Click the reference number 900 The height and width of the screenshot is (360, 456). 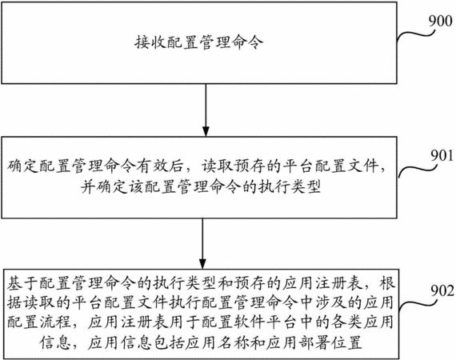[x=441, y=22]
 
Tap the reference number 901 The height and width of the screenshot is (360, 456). [x=442, y=155]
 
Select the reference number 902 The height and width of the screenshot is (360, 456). [x=442, y=290]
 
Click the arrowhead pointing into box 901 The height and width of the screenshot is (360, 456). [x=206, y=131]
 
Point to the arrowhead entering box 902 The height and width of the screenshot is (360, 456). [x=202, y=264]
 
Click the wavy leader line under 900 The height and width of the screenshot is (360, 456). [x=416, y=35]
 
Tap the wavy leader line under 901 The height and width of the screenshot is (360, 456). [x=418, y=170]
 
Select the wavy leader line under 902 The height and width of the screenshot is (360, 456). [x=418, y=305]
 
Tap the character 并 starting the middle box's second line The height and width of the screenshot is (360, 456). [x=88, y=187]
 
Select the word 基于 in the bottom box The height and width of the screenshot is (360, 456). [x=22, y=283]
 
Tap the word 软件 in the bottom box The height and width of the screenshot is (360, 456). [x=250, y=322]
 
